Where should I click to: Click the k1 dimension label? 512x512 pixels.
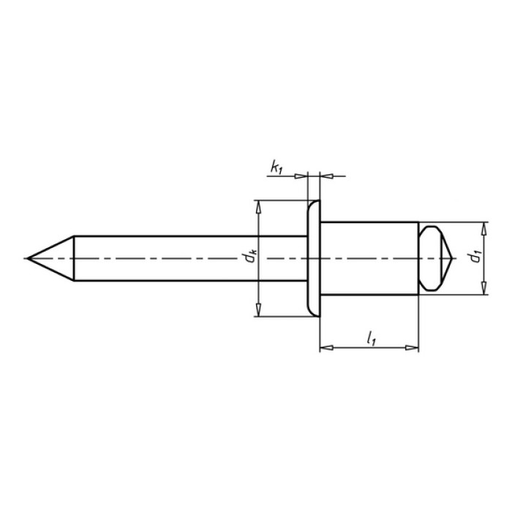click(x=276, y=167)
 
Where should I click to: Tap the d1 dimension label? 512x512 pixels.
click(x=475, y=257)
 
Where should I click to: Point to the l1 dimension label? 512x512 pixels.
click(x=372, y=338)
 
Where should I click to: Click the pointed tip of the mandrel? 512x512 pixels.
click(x=28, y=258)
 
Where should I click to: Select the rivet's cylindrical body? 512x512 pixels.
click(x=369, y=258)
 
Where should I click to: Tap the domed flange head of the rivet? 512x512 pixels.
click(x=314, y=258)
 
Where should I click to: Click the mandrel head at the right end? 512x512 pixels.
click(x=435, y=258)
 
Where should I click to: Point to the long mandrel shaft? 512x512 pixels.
click(x=190, y=258)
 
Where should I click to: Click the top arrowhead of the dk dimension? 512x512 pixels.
click(x=259, y=207)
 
